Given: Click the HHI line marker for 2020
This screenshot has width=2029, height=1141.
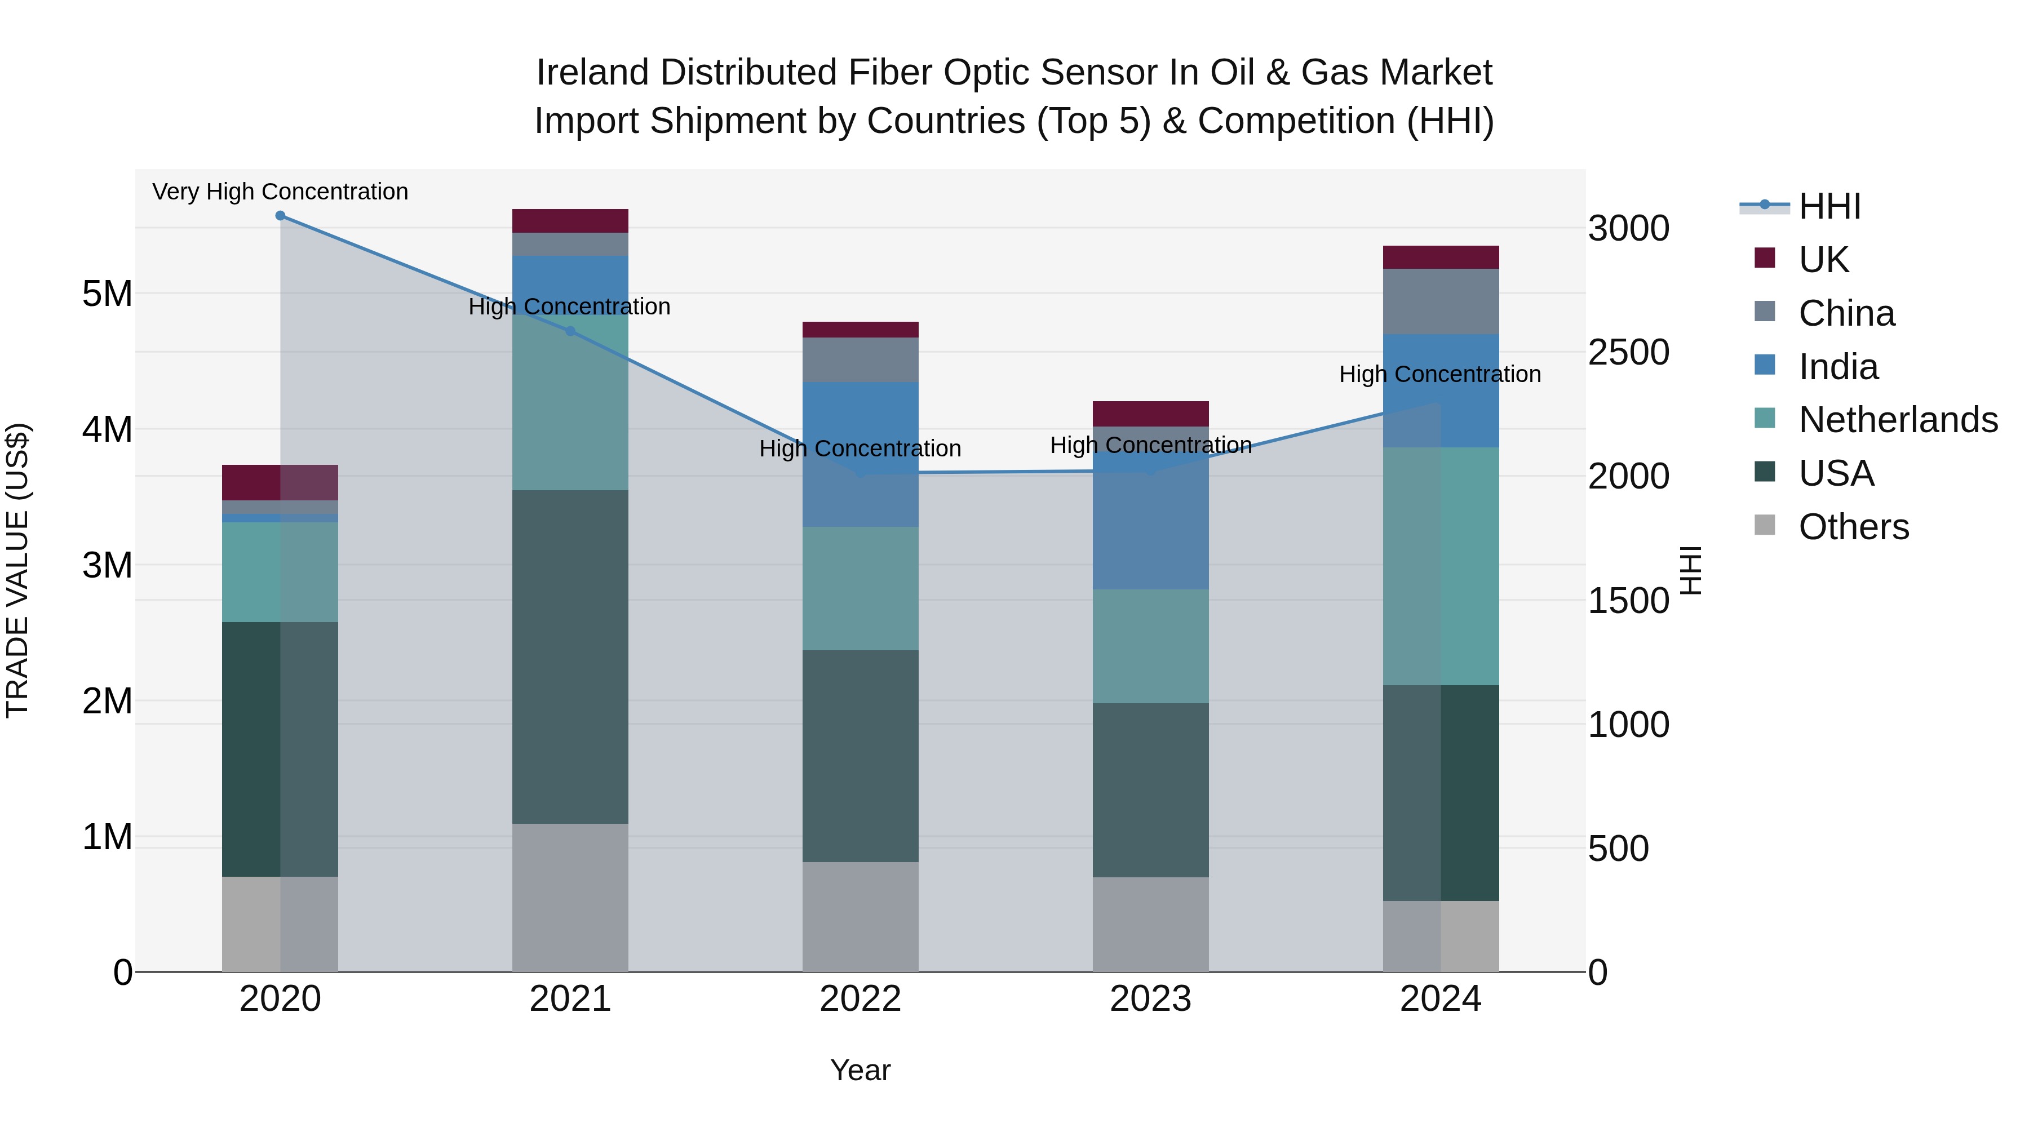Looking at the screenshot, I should pyautogui.click(x=281, y=216).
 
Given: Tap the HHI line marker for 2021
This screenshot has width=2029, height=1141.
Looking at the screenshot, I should pyautogui.click(x=570, y=331).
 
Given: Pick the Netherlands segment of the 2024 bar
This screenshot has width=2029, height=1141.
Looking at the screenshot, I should pyautogui.click(x=1441, y=566).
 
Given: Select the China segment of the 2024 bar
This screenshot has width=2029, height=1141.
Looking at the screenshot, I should pyautogui.click(x=1441, y=301).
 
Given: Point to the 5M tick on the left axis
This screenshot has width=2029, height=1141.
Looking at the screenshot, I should pyautogui.click(x=107, y=294).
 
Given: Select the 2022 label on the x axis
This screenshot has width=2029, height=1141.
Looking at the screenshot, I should pyautogui.click(x=860, y=999).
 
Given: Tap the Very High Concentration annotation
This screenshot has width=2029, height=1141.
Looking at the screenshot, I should pyautogui.click(x=281, y=192).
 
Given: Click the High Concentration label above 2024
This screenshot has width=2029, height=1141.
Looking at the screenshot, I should pyautogui.click(x=1440, y=374).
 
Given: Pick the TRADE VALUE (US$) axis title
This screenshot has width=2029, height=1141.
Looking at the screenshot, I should pyautogui.click(x=17, y=570).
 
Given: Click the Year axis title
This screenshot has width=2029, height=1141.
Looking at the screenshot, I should pyautogui.click(x=860, y=1070).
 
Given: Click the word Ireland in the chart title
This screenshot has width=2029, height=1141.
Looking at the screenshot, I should pyautogui.click(x=593, y=73).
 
